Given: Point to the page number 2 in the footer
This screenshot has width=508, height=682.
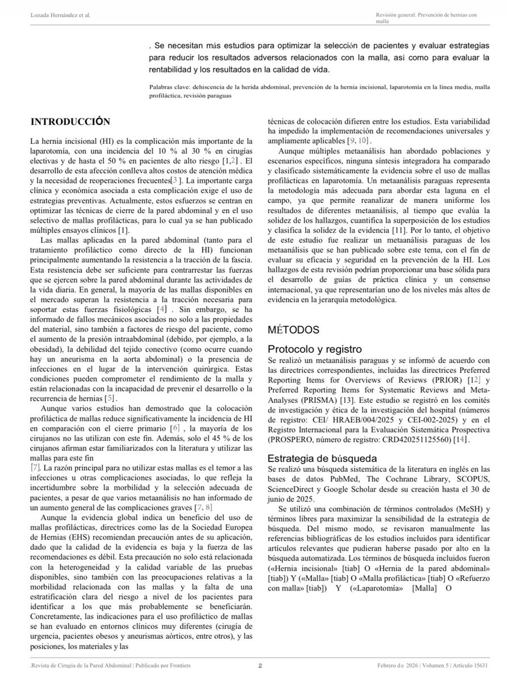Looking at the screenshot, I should [x=260, y=665].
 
